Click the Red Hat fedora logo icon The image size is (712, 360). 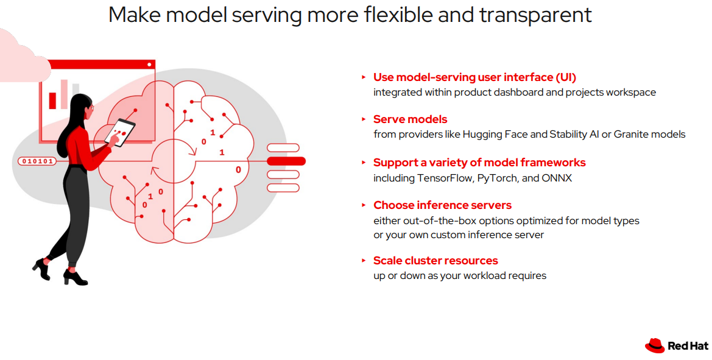click(x=655, y=345)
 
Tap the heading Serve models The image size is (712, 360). click(x=410, y=119)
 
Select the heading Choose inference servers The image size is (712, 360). click(x=442, y=205)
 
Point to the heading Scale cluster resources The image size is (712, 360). click(x=435, y=261)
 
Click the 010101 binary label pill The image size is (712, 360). click(x=37, y=161)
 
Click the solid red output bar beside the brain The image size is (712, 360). click(x=286, y=161)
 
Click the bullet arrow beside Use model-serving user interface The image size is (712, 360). click(x=364, y=77)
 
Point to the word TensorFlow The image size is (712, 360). click(x=446, y=178)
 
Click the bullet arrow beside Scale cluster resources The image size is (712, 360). click(x=364, y=261)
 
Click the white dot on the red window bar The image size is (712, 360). click(x=149, y=65)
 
